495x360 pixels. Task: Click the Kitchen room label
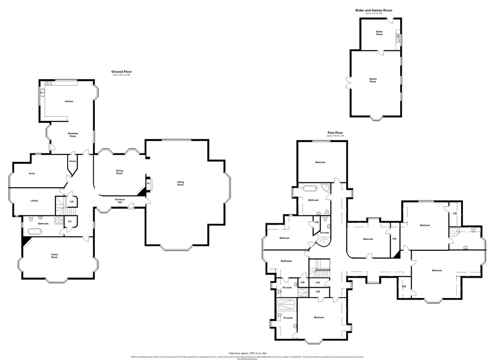(x=69, y=101)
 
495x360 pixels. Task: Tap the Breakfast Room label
(x=73, y=134)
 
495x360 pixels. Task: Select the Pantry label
(x=73, y=161)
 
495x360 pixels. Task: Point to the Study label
(x=32, y=174)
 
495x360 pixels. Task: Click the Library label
(x=34, y=201)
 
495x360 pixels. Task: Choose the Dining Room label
(x=119, y=172)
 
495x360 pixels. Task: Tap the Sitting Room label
(x=180, y=183)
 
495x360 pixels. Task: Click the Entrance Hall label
(x=119, y=200)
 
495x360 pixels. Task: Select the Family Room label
(x=54, y=256)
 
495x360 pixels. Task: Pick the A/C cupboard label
(x=69, y=222)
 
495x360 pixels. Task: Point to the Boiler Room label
(x=379, y=33)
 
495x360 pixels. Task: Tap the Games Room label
(x=373, y=80)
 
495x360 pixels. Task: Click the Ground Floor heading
(x=121, y=71)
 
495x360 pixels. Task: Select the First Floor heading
(x=335, y=133)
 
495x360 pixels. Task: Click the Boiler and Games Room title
(x=374, y=10)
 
